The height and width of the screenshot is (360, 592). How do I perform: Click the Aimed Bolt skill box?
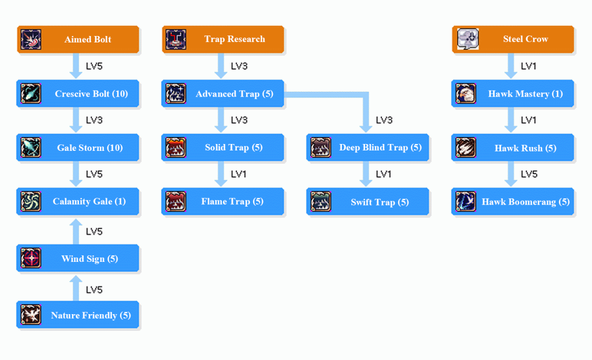point(78,39)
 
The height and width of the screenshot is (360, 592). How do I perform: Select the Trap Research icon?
point(176,39)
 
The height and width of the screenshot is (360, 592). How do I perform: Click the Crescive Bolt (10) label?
point(91,94)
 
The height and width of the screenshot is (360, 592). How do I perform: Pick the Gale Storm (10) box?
point(78,147)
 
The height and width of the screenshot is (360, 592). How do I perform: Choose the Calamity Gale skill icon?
point(31,202)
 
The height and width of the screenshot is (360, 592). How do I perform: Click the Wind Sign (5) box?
point(78,258)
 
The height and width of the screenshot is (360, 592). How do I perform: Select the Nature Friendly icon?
point(31,315)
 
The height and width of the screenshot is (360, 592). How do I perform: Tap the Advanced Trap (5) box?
point(223,94)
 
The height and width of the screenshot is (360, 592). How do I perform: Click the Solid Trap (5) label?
point(234,147)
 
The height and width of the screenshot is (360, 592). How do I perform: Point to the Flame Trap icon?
point(176,202)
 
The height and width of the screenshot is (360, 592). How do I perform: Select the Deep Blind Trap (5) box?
point(368,147)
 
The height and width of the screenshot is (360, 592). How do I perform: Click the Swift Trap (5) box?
point(368,202)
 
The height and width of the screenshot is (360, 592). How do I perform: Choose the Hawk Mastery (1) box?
point(513,94)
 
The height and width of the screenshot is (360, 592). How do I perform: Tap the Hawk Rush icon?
point(466,148)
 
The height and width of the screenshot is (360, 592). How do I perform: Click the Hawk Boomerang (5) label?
point(525,202)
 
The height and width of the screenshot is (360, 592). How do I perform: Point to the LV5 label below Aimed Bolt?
point(94,66)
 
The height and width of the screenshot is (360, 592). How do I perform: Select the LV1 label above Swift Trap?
point(384,174)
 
